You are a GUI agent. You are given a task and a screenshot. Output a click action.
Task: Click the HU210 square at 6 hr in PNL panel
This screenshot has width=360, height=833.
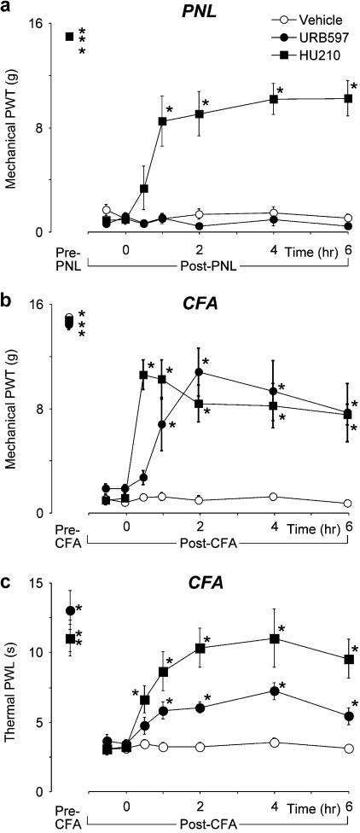point(349,98)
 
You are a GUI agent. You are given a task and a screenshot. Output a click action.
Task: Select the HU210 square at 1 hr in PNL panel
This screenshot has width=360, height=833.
point(162,121)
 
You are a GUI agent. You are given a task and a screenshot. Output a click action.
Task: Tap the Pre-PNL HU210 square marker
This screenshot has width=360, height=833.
point(69,36)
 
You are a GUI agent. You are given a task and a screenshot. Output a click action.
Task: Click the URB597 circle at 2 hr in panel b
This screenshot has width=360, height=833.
point(200,372)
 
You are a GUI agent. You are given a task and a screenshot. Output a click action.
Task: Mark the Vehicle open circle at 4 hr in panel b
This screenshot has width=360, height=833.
point(274,496)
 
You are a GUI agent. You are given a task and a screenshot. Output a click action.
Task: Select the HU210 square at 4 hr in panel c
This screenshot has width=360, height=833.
point(275,638)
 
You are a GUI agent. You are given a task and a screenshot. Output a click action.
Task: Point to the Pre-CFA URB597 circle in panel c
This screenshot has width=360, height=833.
point(70,611)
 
